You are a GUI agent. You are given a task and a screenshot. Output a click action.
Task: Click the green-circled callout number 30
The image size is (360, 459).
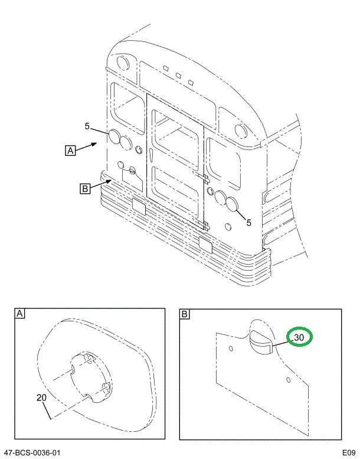click(x=299, y=337)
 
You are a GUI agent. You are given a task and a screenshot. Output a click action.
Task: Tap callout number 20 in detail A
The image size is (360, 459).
click(x=41, y=398)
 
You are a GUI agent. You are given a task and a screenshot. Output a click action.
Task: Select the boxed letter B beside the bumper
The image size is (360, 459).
click(x=85, y=188)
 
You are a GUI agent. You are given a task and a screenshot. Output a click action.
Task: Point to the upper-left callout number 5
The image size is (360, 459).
click(x=87, y=126)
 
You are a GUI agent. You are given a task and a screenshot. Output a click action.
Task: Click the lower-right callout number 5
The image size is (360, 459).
click(x=248, y=223)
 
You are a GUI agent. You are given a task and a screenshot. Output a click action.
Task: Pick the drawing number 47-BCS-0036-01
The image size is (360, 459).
click(x=32, y=453)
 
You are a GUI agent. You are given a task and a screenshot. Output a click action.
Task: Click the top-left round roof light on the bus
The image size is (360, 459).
click(x=123, y=61)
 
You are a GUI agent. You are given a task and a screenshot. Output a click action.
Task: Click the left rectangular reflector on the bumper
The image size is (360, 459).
click(x=140, y=206)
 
